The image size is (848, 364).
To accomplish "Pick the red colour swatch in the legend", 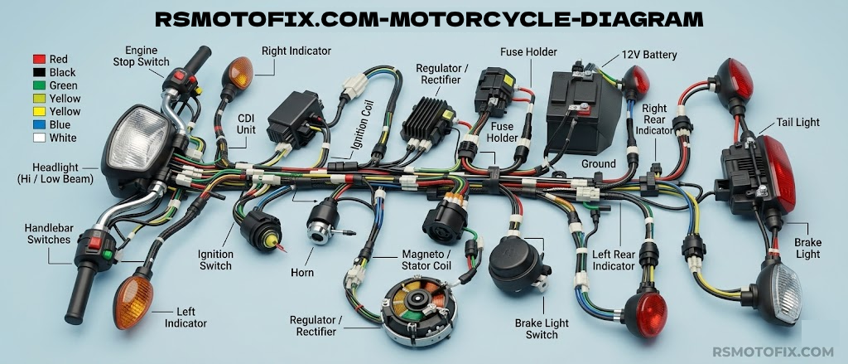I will coord(37,59).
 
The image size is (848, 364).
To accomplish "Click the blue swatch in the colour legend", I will coord(37,124).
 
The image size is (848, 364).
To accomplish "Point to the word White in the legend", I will coord(63,138).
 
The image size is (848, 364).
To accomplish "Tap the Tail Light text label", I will coord(797,123).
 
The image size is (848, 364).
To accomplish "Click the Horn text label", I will coord(301,272).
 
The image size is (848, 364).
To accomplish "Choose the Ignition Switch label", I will coord(215,260).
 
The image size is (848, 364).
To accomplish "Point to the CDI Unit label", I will coord(246,124).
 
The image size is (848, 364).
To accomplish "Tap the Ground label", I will coord(599,163).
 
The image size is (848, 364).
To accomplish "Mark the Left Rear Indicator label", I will coord(614,260).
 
